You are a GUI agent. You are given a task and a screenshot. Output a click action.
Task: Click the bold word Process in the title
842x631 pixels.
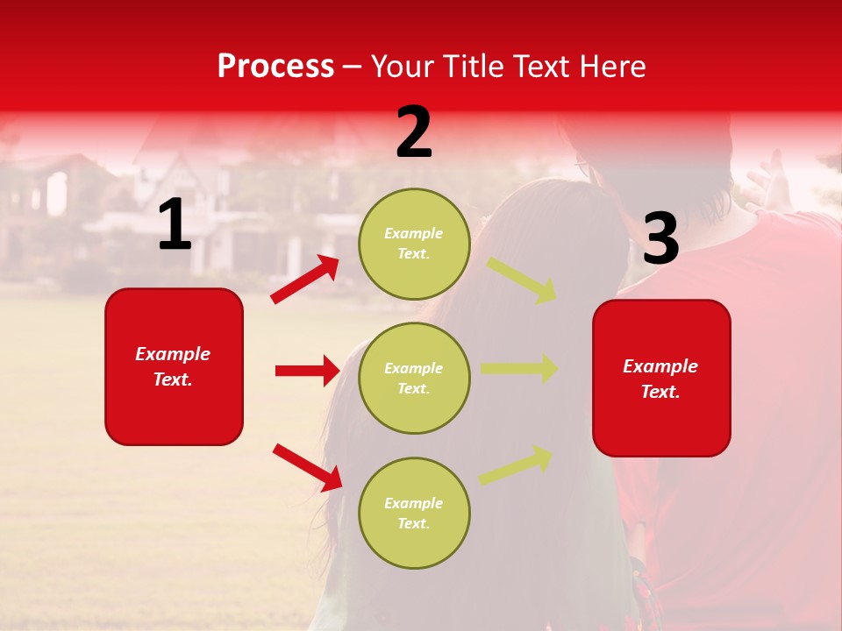tap(275, 67)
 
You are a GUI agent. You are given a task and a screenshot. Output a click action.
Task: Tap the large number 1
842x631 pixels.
tap(175, 225)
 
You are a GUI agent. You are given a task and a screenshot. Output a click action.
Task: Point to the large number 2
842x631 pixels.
tap(414, 132)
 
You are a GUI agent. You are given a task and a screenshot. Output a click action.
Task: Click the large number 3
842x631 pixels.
tap(660, 239)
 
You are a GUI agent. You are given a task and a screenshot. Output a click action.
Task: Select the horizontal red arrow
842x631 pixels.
tap(307, 371)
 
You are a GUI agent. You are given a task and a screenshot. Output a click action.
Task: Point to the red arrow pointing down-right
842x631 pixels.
tap(307, 467)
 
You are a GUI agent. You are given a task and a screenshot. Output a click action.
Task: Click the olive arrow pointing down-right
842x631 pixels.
tap(522, 280)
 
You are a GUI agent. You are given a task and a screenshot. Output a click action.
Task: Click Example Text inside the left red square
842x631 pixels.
tap(173, 366)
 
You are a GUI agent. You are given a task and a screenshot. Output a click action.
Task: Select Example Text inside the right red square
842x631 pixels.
tap(660, 379)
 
